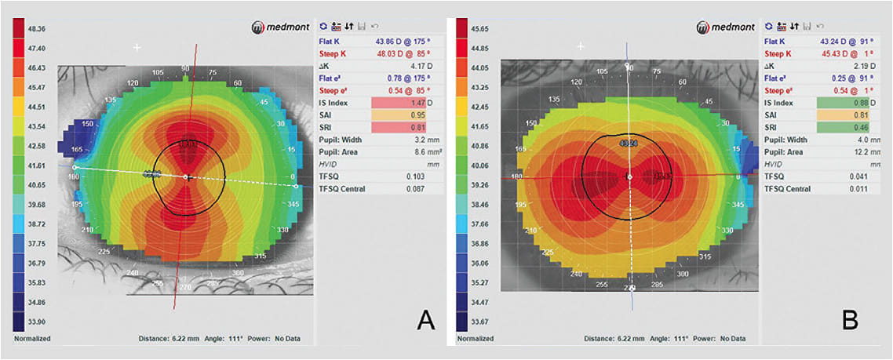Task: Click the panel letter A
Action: tap(425, 319)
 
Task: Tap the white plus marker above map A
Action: tap(138, 48)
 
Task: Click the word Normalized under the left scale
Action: tap(32, 339)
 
